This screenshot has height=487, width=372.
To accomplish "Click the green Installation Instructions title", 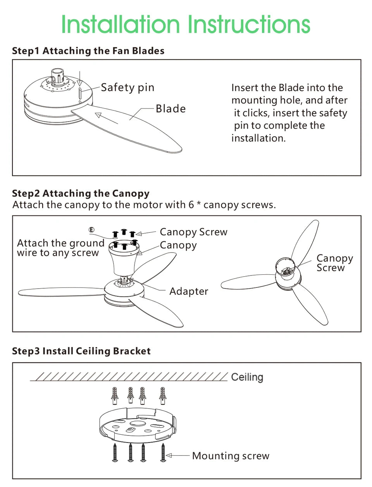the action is [186, 24].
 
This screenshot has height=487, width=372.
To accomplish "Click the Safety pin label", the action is [127, 88].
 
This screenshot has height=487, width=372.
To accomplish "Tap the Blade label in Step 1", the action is [170, 108].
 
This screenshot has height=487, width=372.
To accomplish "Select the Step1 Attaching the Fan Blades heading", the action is [88, 51].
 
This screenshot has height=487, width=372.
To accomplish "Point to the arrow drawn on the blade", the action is [107, 118].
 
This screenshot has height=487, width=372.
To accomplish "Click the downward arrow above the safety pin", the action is [80, 79].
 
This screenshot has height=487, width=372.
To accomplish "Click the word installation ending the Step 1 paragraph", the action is [258, 138].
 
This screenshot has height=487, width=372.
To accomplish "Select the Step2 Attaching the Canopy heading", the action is [81, 193].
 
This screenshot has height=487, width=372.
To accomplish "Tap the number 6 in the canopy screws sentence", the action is [191, 205].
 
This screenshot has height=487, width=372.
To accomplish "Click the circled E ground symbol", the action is [91, 230].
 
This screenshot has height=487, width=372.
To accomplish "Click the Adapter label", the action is [189, 291].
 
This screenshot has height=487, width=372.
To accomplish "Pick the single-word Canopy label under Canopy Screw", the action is [178, 246].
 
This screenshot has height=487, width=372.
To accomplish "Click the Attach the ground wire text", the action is [60, 248].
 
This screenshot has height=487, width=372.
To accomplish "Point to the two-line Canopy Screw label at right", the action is [335, 263].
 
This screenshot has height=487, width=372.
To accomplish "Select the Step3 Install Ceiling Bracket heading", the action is [81, 351].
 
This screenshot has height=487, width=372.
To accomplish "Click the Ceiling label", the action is [247, 377].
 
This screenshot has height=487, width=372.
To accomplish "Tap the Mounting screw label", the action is [231, 456].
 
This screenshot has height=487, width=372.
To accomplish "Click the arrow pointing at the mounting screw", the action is [178, 456].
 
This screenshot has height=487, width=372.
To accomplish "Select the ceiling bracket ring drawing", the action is [138, 425].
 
